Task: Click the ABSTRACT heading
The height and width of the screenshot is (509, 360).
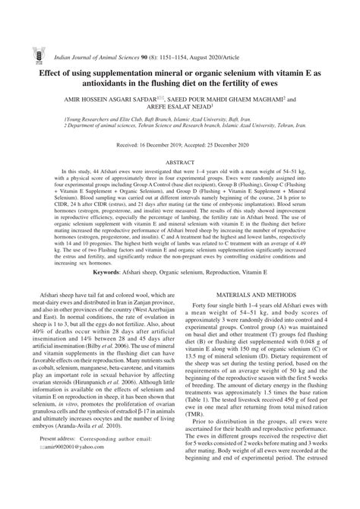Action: point(180,162)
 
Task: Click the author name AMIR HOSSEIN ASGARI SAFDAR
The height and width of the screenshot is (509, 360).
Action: point(113,99)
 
